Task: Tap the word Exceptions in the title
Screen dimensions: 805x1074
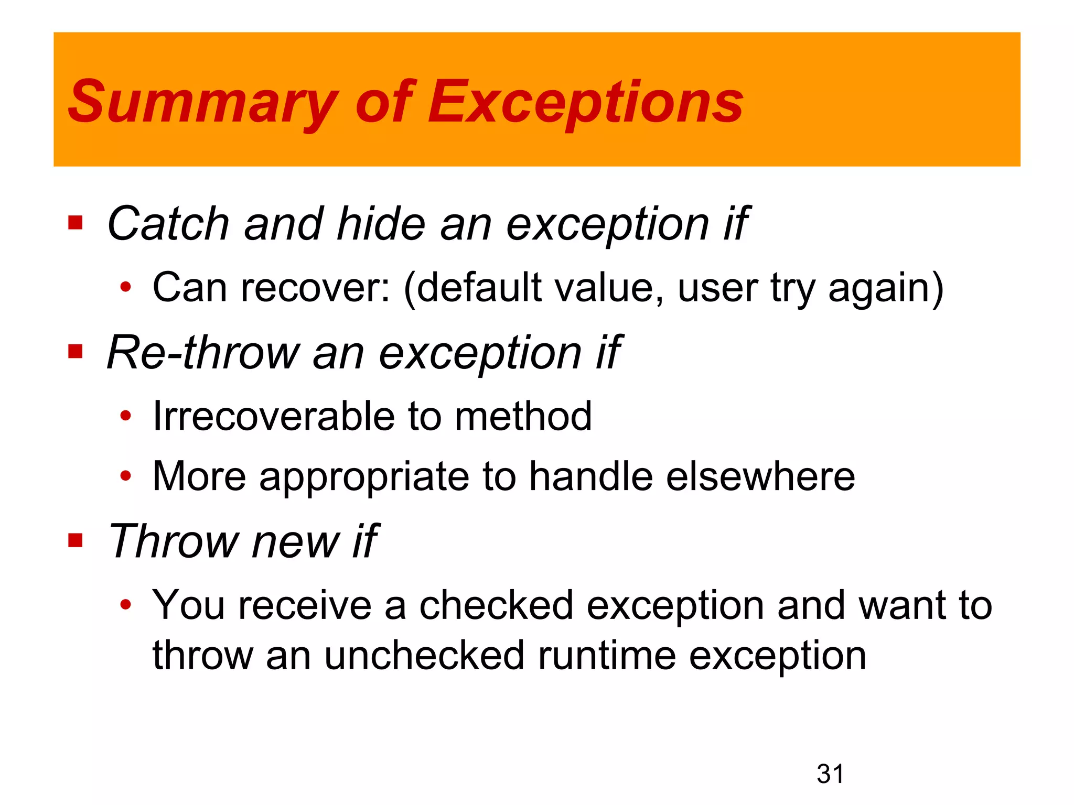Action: (x=585, y=102)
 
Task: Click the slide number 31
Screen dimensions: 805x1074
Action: (x=830, y=774)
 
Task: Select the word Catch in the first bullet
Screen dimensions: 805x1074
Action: (x=168, y=224)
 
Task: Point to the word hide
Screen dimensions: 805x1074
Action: (x=381, y=224)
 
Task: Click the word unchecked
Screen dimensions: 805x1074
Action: (x=424, y=656)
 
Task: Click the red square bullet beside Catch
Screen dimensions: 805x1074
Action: (x=76, y=223)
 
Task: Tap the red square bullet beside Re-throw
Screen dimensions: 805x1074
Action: (x=76, y=351)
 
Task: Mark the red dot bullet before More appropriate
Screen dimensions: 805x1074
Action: (x=125, y=476)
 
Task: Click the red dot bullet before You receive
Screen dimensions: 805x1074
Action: (x=125, y=605)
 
